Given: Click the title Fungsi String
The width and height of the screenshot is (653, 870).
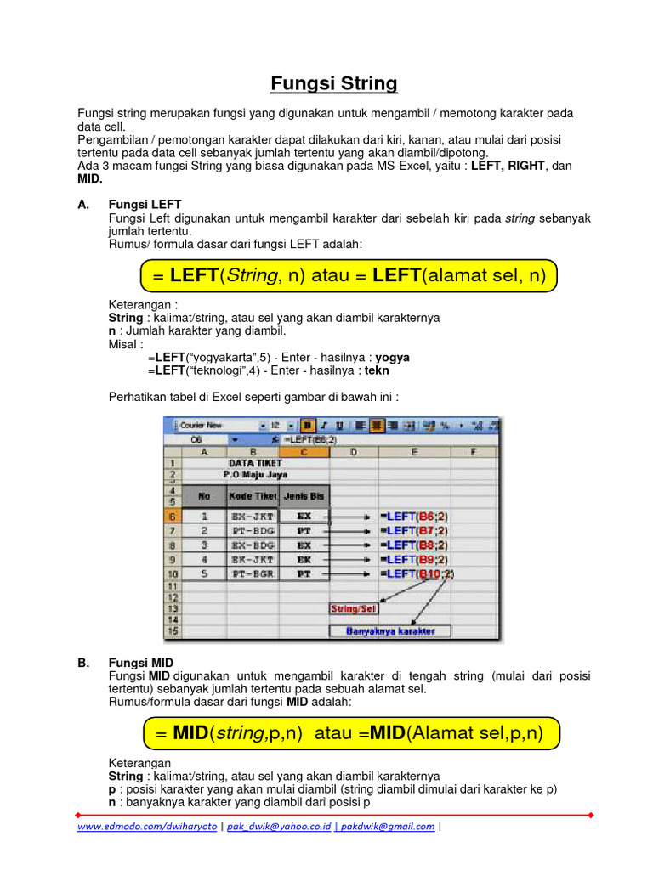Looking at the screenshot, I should (x=334, y=83).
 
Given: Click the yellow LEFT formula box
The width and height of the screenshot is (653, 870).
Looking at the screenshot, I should (x=345, y=276).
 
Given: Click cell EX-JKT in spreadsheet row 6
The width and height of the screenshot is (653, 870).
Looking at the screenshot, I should (x=253, y=516).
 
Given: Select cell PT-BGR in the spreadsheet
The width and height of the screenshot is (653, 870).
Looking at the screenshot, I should (x=253, y=574).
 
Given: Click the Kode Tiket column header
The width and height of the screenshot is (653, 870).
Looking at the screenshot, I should (x=253, y=495).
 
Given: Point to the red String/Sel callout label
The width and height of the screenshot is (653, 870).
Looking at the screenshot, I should (x=354, y=608).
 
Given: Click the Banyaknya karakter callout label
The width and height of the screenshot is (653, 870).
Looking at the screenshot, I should (x=390, y=631).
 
